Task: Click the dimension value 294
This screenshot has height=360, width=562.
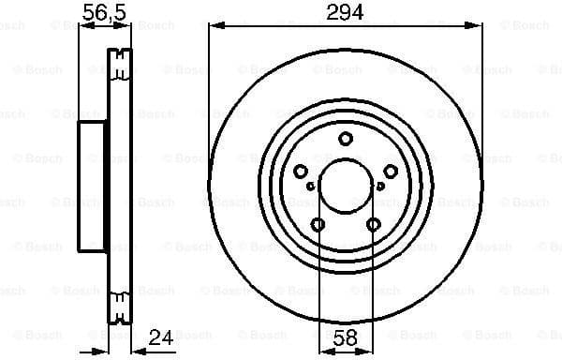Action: pos(345,12)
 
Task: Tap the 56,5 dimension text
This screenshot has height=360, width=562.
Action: pos(104,12)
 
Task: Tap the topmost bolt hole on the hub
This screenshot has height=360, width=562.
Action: pos(345,140)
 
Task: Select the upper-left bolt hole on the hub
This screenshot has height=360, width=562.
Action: pos(301,171)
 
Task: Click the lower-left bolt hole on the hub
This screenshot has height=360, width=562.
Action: pos(318,224)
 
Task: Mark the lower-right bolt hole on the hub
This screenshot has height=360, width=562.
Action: pos(373,224)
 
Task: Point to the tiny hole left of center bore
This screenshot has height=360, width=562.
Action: pos(311,186)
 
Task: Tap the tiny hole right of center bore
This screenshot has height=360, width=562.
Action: pos(379,186)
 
